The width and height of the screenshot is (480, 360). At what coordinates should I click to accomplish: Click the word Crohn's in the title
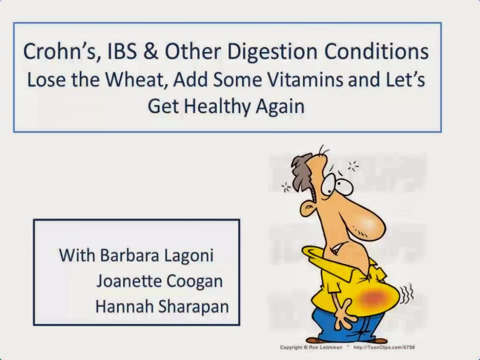[61, 51]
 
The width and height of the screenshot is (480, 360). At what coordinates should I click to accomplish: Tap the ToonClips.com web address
[384, 347]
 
